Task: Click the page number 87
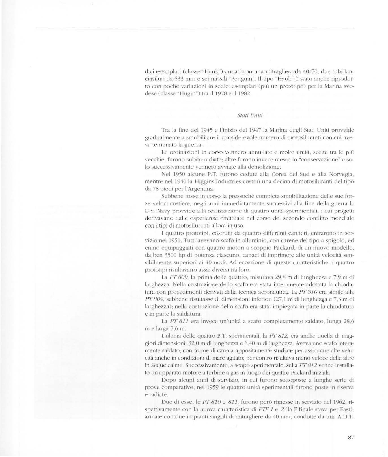[x=351, y=438]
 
